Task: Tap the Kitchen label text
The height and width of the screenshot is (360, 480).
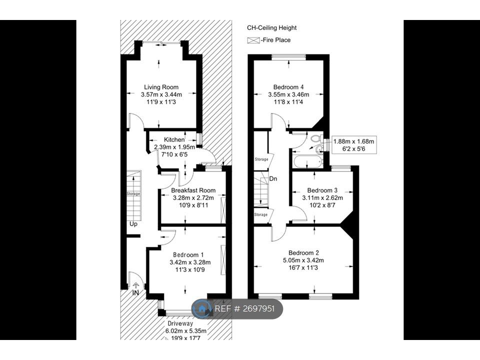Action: [x=174, y=139]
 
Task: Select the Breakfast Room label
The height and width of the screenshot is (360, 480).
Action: [x=193, y=190]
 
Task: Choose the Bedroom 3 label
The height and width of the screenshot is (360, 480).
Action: [x=322, y=190]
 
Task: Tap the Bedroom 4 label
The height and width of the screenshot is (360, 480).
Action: [x=288, y=86]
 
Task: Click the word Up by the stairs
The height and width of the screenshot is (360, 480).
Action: [x=133, y=224]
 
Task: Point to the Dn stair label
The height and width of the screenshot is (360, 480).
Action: [x=273, y=178]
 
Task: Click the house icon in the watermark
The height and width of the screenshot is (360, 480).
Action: [x=203, y=309]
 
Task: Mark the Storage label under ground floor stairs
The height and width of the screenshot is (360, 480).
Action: [x=133, y=193]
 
